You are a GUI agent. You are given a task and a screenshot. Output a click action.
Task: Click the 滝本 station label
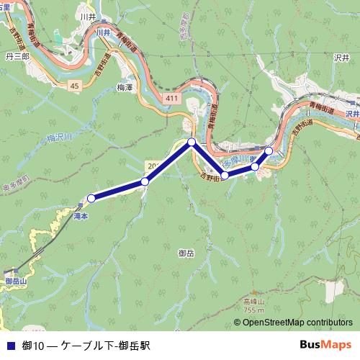(80, 215)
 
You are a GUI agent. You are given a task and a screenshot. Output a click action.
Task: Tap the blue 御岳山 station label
(14, 281)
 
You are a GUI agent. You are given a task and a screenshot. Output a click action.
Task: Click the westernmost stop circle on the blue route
(91, 198)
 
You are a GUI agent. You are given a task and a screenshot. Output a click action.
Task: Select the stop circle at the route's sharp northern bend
(192, 142)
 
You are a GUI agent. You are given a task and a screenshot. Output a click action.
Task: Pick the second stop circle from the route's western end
(145, 181)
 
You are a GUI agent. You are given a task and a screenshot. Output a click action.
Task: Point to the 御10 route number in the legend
(32, 346)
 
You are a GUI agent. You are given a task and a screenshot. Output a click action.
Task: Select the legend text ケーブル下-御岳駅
(105, 346)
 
